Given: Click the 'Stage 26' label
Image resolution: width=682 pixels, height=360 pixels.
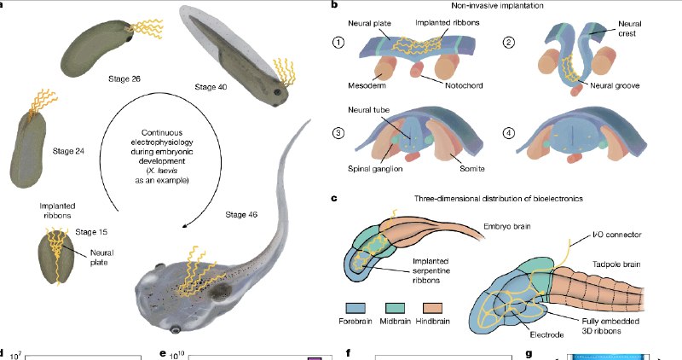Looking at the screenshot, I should pyautogui.click(x=124, y=78).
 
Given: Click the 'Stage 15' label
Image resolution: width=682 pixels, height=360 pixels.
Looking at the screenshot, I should pyautogui.click(x=92, y=231).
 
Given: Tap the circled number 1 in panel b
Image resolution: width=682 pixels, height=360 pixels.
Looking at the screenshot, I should pyautogui.click(x=340, y=43).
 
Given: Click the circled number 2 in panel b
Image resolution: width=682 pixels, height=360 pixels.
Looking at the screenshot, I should pyautogui.click(x=510, y=43).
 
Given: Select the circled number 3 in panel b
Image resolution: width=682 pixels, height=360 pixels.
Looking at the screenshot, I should pyautogui.click(x=340, y=133).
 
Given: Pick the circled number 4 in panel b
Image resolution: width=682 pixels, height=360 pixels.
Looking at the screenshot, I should pyautogui.click(x=510, y=133).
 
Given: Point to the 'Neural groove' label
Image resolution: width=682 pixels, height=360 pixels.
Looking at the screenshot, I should pyautogui.click(x=616, y=85).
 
